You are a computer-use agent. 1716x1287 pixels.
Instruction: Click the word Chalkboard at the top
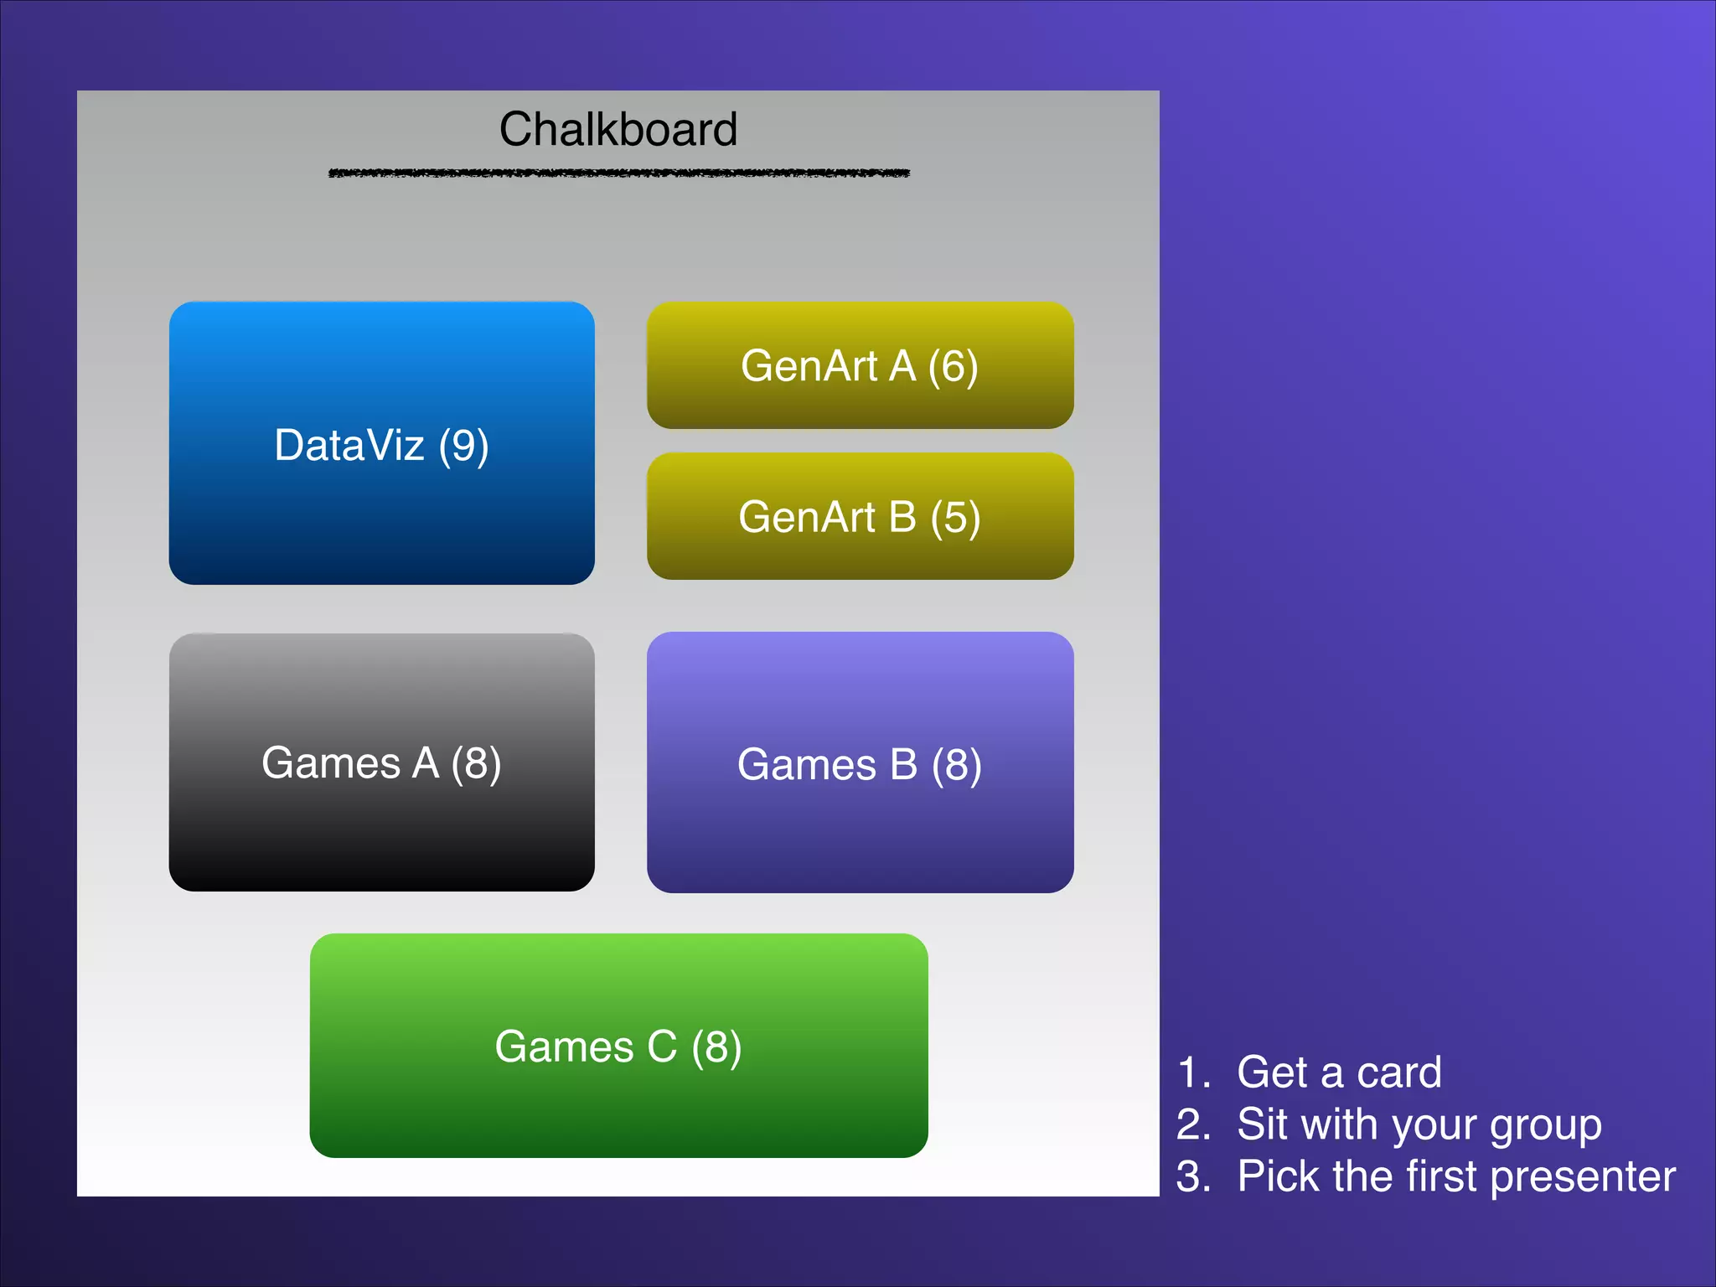coord(618,130)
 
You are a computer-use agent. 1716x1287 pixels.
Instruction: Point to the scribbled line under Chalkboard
coord(618,173)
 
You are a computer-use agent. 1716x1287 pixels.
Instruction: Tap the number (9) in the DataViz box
coord(463,446)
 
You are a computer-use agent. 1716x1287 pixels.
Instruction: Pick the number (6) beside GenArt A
coord(953,367)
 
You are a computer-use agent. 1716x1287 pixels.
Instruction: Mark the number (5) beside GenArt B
coord(955,518)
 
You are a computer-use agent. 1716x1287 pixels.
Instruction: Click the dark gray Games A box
coord(381,830)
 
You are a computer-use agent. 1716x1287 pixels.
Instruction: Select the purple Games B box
coord(860,830)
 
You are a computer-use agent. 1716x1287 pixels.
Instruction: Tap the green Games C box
coord(618,1106)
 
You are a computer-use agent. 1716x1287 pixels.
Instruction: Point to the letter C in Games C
coord(661,1047)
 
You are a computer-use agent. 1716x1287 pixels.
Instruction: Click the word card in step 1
coord(1399,1072)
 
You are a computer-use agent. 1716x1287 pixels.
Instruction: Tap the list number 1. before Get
coord(1193,1073)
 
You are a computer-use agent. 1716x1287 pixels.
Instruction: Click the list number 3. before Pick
coord(1193,1177)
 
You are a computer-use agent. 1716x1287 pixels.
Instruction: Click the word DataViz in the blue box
coord(349,446)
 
